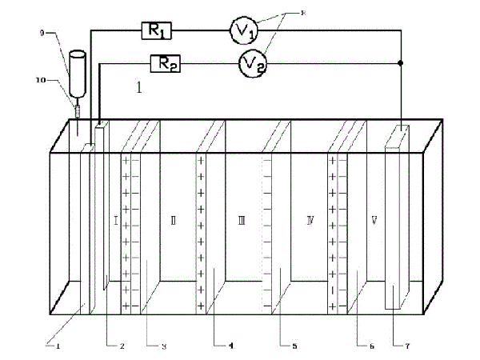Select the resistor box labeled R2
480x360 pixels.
coord(164,64)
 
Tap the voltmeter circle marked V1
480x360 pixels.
coord(244,30)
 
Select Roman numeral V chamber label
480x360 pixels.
coord(374,218)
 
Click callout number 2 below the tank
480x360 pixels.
coord(122,346)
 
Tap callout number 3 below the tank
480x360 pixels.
coord(163,346)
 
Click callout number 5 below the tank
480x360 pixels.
coord(294,346)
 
